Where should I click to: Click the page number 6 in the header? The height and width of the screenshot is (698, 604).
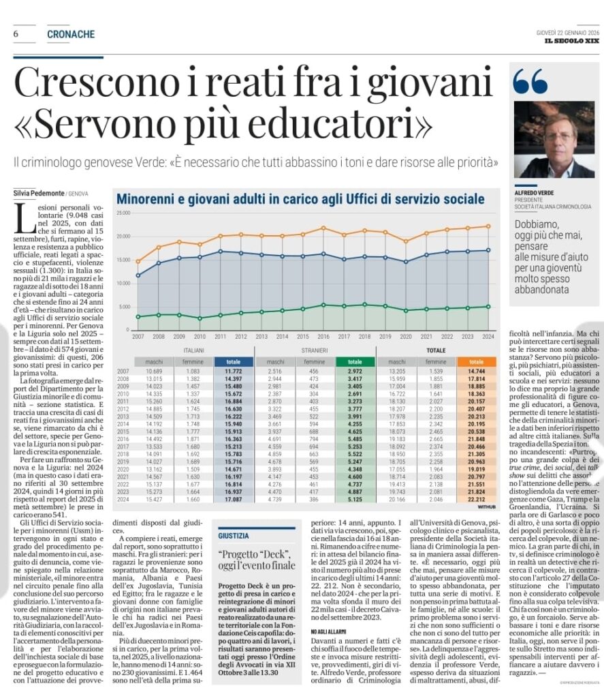pyautogui.click(x=15, y=34)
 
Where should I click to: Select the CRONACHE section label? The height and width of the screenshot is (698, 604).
pyautogui.click(x=71, y=34)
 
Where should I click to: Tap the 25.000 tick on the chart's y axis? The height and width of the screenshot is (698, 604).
pyautogui.click(x=123, y=213)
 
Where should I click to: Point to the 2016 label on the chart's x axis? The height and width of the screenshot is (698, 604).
pyautogui.click(x=323, y=336)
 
